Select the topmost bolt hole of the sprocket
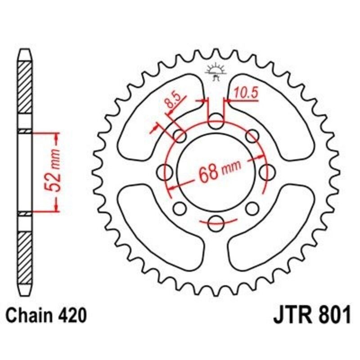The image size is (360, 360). pyautogui.click(x=216, y=119)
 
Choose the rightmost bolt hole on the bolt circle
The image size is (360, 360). pyautogui.click(x=268, y=171)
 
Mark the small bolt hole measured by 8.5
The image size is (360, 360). pyautogui.click(x=180, y=135)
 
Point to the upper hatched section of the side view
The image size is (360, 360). pyautogui.click(x=25, y=88)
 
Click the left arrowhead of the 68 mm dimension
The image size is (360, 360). pyautogui.click(x=173, y=185)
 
